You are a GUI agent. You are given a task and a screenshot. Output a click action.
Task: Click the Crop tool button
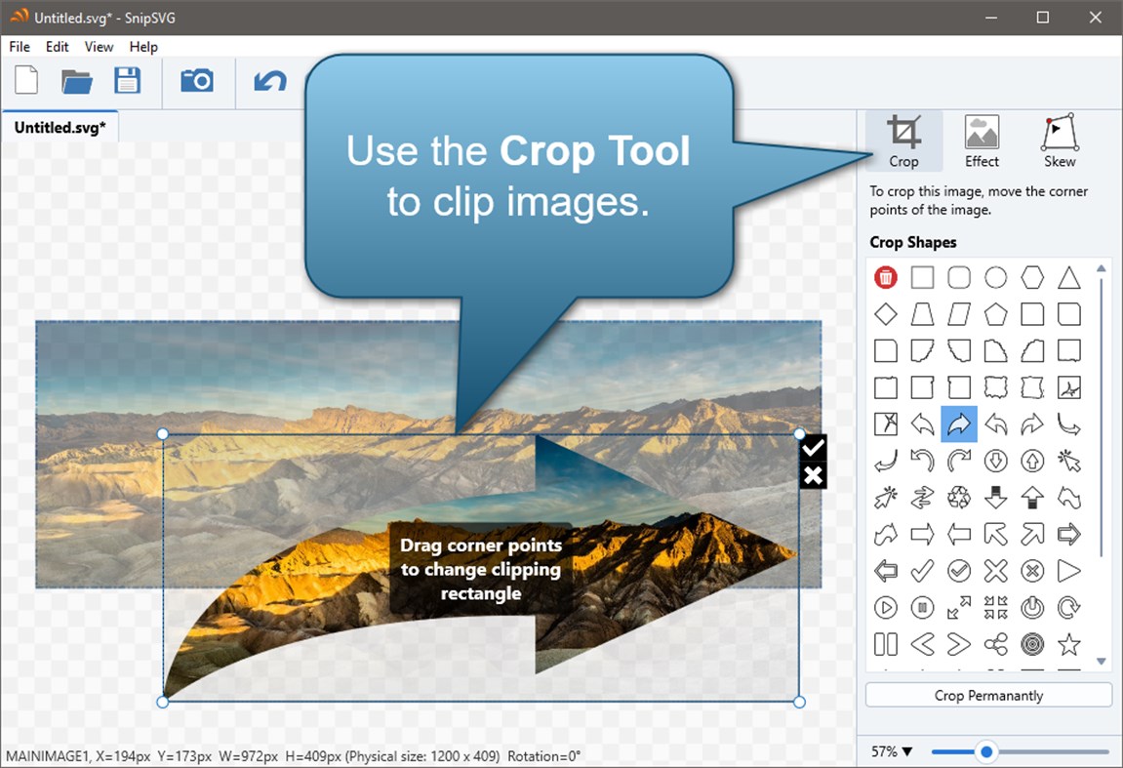[x=903, y=141]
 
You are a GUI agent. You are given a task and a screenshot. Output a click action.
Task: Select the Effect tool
[x=982, y=141]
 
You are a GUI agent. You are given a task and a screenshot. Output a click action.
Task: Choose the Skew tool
[x=1060, y=141]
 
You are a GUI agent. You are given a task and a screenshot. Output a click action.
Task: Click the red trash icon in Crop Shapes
[x=886, y=277]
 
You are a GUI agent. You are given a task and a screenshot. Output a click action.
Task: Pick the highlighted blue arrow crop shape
[x=959, y=424]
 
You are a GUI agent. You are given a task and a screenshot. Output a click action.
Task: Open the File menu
[x=20, y=47]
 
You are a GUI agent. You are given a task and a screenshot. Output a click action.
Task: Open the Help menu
[x=143, y=47]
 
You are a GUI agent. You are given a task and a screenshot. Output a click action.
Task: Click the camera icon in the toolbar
[x=197, y=80]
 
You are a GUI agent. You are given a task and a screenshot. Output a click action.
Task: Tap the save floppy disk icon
[x=128, y=80]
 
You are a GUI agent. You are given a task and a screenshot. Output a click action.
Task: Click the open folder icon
[x=77, y=80]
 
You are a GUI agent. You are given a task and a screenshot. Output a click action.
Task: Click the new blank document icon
[x=26, y=80]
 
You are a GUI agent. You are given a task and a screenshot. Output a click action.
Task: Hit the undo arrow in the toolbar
[x=270, y=80]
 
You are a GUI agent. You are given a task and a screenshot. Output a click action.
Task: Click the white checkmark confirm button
[x=814, y=447]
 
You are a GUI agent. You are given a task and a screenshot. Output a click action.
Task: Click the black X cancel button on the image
[x=814, y=475]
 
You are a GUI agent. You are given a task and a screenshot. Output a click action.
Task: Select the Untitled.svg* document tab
[x=60, y=128]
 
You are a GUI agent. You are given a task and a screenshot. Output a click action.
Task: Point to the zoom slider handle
[x=986, y=751]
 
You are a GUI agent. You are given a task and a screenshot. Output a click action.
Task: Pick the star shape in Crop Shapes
[x=1069, y=644]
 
